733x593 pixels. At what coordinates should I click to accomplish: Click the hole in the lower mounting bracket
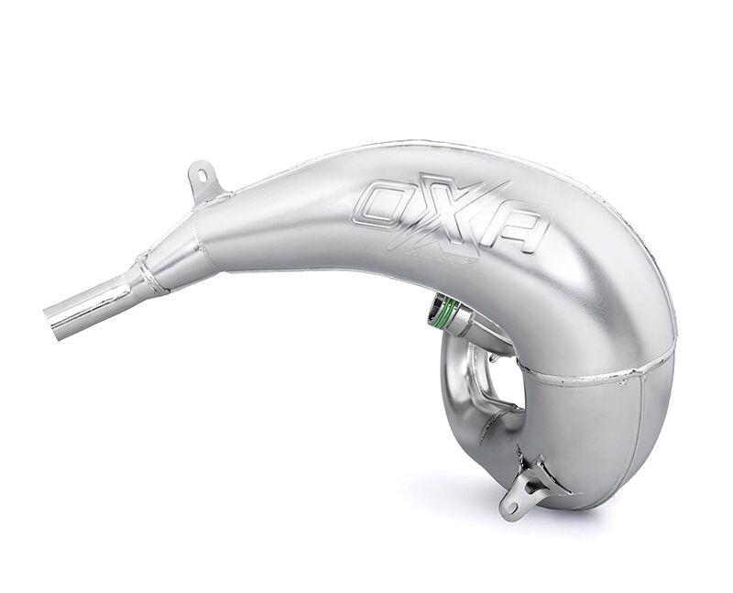pyautogui.click(x=509, y=504)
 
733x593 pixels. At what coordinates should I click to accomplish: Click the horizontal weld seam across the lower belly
pyautogui.click(x=586, y=373)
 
